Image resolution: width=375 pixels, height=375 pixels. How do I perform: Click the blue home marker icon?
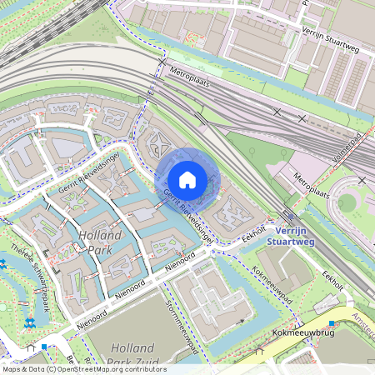187,179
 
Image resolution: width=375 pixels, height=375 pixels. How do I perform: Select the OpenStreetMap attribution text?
83,368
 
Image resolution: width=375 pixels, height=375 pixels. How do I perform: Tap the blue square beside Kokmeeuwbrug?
332,322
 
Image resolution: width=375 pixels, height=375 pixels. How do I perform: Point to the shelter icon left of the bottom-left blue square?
31,347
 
